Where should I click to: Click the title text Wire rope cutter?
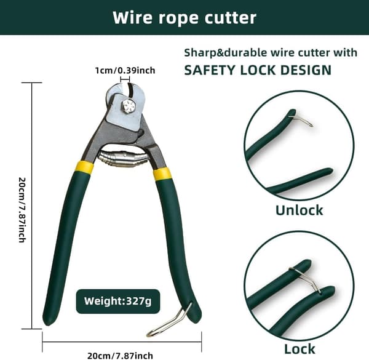pyautogui.click(x=184, y=18)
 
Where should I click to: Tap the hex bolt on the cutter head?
pyautogui.click(x=129, y=106)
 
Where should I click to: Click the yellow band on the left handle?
pyautogui.click(x=85, y=166)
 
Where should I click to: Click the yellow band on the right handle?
pyautogui.click(x=162, y=174)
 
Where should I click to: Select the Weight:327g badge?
pyautogui.click(x=118, y=301)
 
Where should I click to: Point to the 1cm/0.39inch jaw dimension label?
pyautogui.click(x=125, y=70)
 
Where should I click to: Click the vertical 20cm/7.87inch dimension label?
pyautogui.click(x=22, y=210)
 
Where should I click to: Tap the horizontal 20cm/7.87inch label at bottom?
pyautogui.click(x=120, y=356)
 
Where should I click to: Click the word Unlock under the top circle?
pyautogui.click(x=299, y=210)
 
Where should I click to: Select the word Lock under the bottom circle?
pyautogui.click(x=300, y=349)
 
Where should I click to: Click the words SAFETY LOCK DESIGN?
pyautogui.click(x=258, y=70)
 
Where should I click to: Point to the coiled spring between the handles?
pyautogui.click(x=124, y=159)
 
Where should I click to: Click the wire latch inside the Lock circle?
pyautogui.click(x=306, y=280)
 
